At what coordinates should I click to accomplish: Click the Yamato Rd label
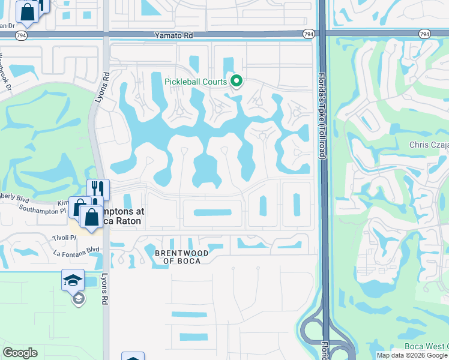(174, 35)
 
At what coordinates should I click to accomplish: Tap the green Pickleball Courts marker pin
(237, 80)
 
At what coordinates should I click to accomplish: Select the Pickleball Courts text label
(196, 82)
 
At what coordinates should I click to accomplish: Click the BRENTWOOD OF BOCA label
(182, 257)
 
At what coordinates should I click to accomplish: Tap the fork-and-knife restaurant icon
(98, 190)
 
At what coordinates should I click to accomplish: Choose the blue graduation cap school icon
(73, 280)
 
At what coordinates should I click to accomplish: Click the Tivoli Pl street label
(65, 237)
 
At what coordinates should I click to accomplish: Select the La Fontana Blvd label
(76, 250)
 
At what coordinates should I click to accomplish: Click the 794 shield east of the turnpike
(425, 34)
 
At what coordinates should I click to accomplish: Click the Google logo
(20, 353)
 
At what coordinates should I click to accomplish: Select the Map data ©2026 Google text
(412, 355)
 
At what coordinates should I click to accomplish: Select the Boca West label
(429, 346)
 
